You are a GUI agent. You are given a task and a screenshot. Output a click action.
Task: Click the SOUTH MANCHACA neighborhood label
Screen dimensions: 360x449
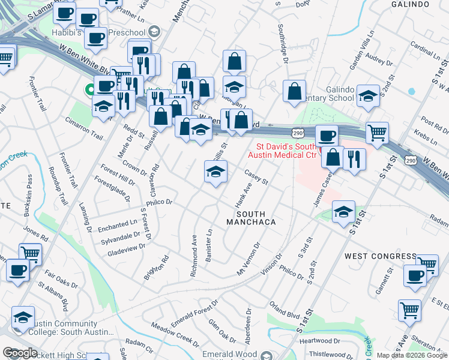(x=250, y=218)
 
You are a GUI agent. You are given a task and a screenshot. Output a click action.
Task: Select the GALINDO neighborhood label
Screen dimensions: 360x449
(x=412, y=4)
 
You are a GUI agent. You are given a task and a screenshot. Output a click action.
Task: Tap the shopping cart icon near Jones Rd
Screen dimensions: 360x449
(x=29, y=254)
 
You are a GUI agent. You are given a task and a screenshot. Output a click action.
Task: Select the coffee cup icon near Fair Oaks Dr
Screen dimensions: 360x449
(x=17, y=270)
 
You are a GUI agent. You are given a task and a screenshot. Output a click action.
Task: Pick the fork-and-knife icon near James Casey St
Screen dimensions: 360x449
(x=354, y=159)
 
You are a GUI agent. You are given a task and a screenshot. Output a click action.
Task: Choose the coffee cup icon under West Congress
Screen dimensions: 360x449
(x=414, y=275)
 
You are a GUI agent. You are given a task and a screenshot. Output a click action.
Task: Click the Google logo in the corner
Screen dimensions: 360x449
(x=20, y=353)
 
